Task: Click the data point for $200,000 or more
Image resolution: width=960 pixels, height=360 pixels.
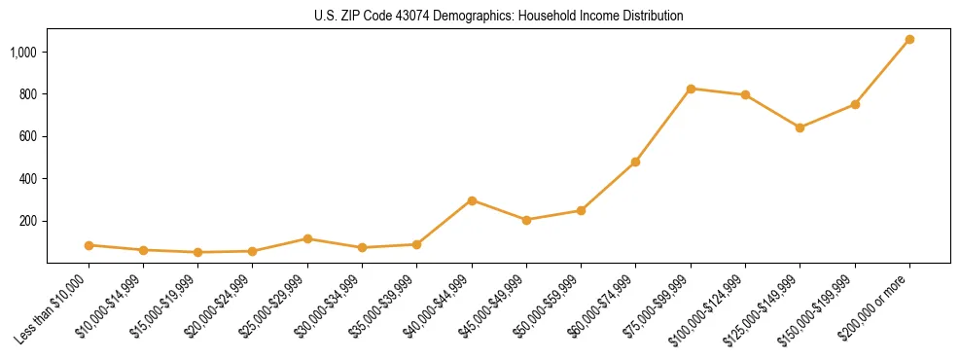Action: pos(909,39)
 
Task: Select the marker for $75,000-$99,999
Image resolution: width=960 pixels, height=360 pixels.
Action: pos(691,89)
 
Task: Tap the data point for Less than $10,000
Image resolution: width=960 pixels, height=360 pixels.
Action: pos(89,245)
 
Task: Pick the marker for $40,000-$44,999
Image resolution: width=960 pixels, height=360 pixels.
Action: pos(472,200)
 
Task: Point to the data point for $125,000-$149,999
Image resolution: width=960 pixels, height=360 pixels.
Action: pos(800,127)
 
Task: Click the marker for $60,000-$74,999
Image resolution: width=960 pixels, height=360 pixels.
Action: pos(635,162)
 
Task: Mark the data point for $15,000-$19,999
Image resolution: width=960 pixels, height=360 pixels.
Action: pos(198,252)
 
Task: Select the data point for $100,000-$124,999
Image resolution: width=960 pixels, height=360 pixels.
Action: pos(745,94)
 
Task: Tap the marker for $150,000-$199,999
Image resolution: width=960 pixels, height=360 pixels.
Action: pos(855,104)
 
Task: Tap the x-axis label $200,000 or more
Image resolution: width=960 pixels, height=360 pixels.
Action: pos(884,304)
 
